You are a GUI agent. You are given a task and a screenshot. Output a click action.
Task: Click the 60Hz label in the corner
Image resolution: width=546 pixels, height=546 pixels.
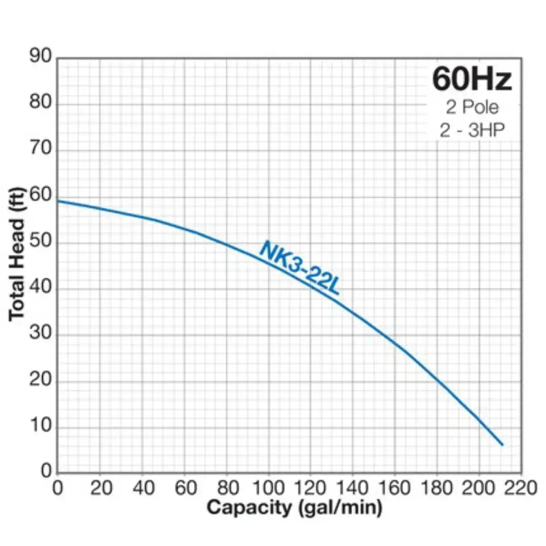(472, 79)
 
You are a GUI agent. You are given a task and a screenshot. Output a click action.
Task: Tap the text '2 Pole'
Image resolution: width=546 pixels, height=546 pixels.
(472, 107)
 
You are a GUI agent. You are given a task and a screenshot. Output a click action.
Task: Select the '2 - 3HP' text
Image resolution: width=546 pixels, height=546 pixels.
(472, 131)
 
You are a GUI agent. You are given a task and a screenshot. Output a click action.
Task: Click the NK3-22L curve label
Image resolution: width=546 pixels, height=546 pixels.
(299, 268)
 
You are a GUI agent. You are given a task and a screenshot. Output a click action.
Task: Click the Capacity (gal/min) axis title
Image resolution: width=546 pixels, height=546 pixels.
(294, 507)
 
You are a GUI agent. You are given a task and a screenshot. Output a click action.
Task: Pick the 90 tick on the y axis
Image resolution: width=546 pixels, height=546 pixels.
(41, 56)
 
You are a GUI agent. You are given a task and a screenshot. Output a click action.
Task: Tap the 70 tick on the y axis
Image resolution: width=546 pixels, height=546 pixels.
(41, 149)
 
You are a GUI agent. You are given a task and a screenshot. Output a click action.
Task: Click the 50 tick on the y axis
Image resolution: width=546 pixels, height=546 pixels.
(41, 242)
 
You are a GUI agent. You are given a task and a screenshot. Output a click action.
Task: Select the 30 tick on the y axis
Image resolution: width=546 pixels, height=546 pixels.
(41, 334)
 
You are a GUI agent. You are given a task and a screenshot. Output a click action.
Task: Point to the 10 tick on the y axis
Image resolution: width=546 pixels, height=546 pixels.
(41, 426)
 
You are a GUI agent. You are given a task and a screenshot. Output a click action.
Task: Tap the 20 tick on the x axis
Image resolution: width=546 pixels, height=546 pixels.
(101, 488)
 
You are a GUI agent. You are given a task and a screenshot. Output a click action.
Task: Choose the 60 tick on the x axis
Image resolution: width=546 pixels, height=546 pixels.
(186, 488)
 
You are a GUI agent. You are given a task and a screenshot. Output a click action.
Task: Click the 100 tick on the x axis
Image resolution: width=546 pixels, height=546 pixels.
(269, 488)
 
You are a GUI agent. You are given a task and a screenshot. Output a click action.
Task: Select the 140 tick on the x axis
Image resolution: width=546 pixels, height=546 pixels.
(354, 488)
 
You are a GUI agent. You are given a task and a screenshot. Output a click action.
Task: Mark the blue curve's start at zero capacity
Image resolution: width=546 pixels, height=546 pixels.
(58, 201)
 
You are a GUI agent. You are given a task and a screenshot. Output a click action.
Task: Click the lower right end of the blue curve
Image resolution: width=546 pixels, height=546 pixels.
(502, 445)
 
